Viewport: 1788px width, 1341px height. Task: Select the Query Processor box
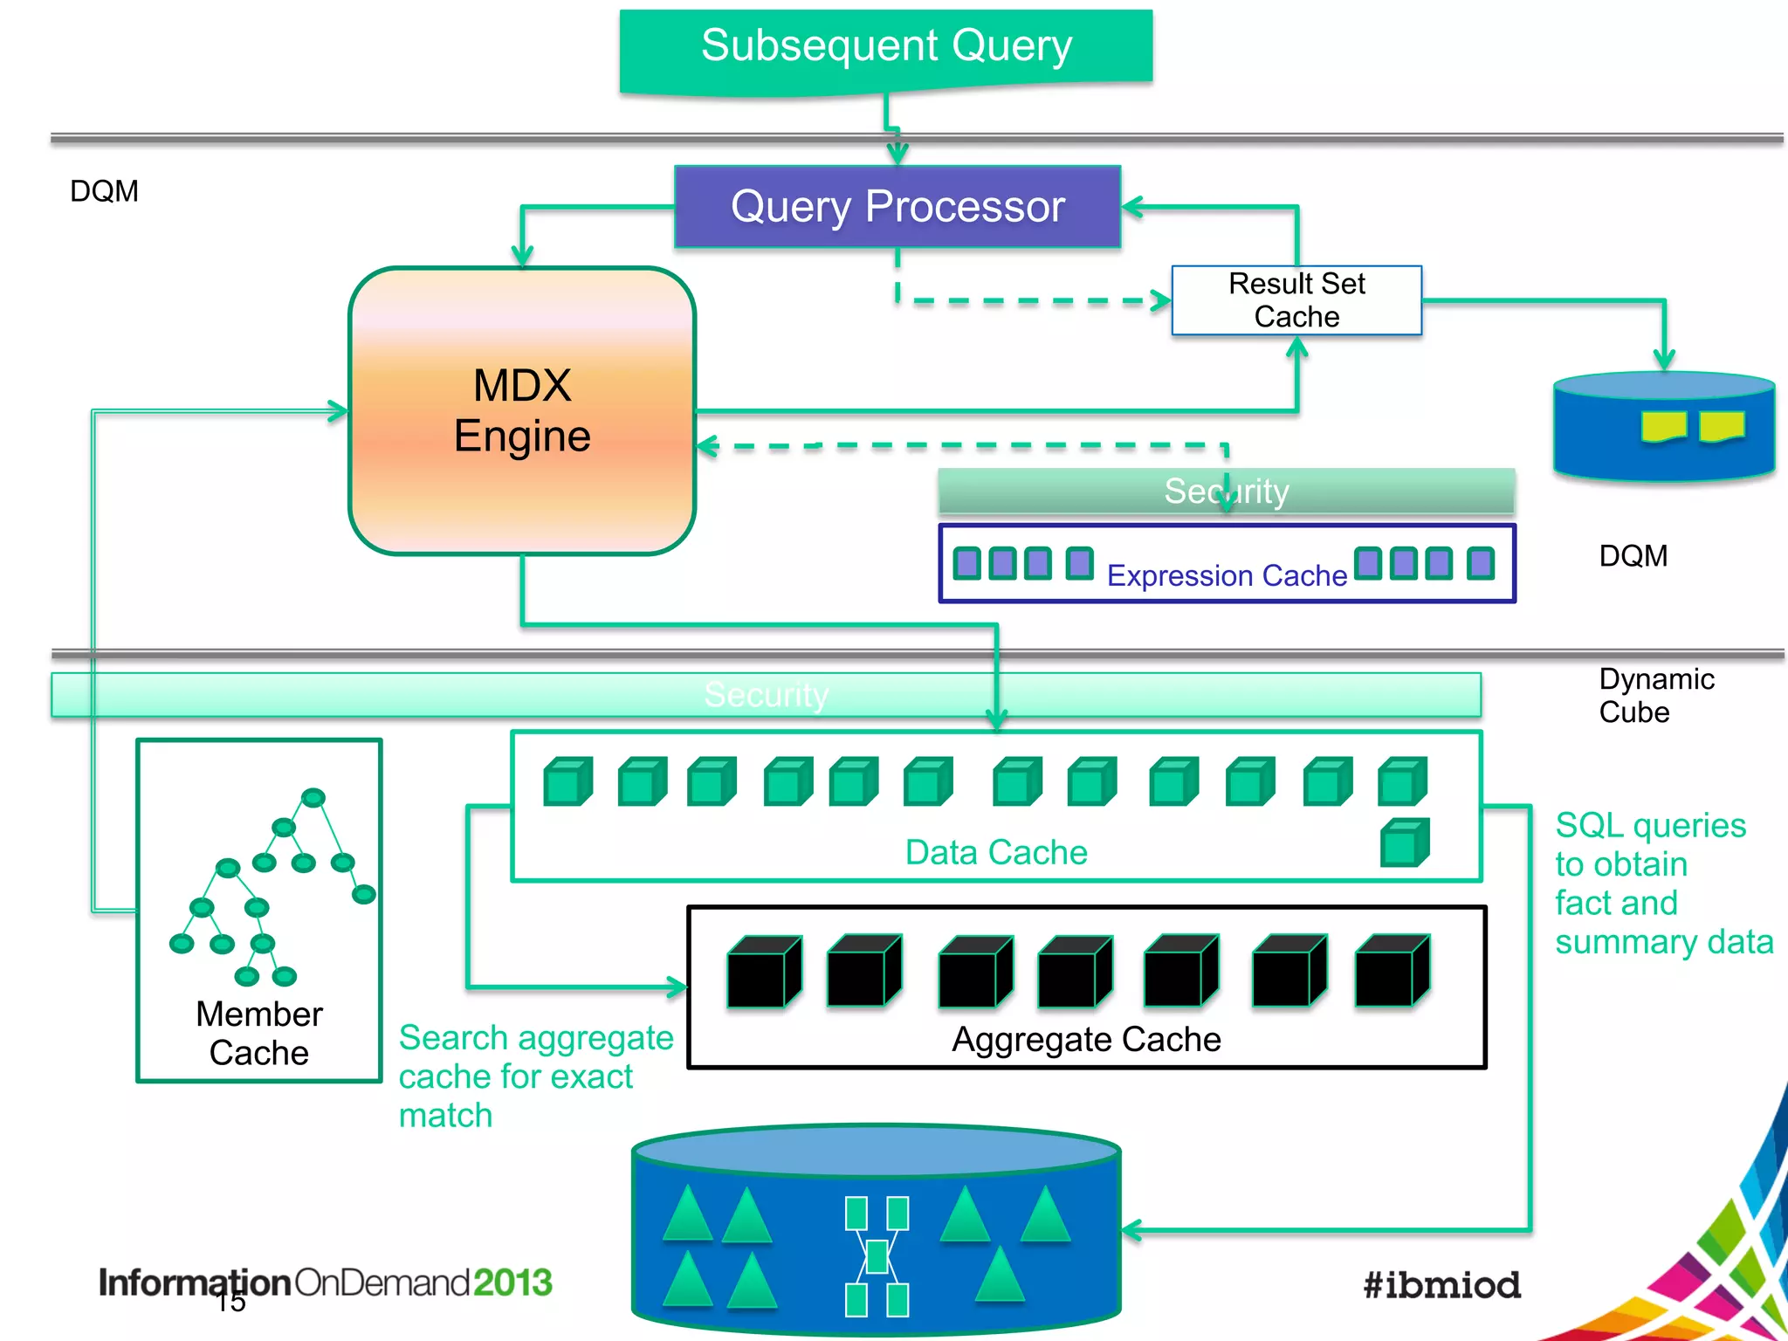(x=897, y=207)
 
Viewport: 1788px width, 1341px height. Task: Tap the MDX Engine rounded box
(x=522, y=410)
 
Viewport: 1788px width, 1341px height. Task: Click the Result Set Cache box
(x=1296, y=300)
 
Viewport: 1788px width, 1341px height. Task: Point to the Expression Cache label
(x=1227, y=575)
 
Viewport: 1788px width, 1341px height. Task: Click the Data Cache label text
(x=996, y=852)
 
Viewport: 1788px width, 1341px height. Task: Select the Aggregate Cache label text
(x=1086, y=1039)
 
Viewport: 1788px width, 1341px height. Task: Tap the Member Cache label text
(x=259, y=1033)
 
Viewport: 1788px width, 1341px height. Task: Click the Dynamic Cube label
(x=1655, y=696)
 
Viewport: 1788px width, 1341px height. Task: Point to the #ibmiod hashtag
(x=1441, y=1285)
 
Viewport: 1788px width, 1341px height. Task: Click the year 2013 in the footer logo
(x=513, y=1283)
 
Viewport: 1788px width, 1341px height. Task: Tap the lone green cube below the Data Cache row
(x=1404, y=842)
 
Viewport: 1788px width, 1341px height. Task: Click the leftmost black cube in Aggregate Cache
(x=763, y=972)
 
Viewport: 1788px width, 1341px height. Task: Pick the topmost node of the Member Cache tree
(x=313, y=798)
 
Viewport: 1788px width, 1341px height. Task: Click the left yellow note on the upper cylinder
(x=1662, y=426)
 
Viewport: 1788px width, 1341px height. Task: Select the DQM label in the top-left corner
(x=104, y=191)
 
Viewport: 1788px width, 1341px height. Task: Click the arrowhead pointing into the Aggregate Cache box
(x=677, y=987)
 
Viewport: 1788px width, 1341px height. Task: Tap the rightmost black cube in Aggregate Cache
(x=1392, y=970)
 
